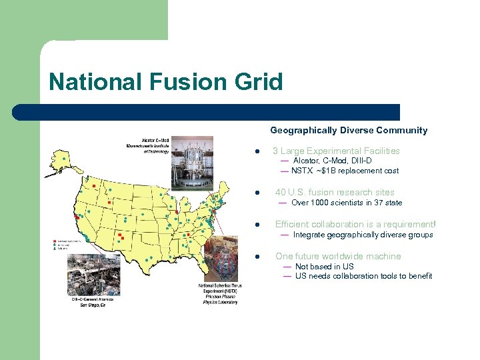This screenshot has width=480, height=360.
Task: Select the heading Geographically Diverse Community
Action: pyautogui.click(x=349, y=131)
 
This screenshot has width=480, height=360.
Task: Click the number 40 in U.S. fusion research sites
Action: pyautogui.click(x=281, y=193)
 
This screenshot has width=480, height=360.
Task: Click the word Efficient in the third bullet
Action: pyautogui.click(x=293, y=225)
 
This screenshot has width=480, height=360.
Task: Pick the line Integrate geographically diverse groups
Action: pyautogui.click(x=363, y=235)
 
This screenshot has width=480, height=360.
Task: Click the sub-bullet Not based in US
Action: pyautogui.click(x=324, y=267)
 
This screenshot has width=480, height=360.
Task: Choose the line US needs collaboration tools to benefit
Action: pyautogui.click(x=363, y=276)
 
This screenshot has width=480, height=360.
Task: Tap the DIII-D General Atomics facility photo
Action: pyautogui.click(x=89, y=273)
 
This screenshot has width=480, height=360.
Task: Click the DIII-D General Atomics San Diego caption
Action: pyautogui.click(x=93, y=302)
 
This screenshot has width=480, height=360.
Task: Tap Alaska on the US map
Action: pyautogui.click(x=58, y=160)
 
